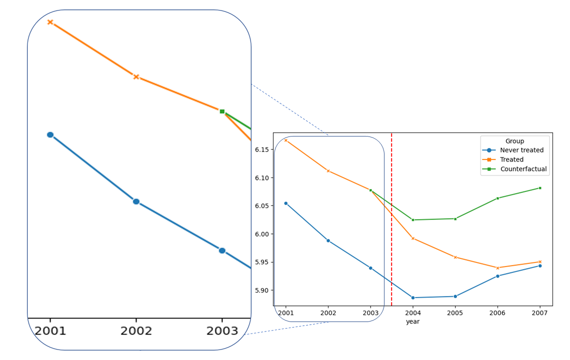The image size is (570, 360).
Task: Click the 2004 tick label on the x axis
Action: (412, 313)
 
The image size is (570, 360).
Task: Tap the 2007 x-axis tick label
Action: (539, 313)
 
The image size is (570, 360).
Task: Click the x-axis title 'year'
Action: (412, 322)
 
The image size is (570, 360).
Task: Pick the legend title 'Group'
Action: (514, 141)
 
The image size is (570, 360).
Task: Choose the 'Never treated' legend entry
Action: (521, 150)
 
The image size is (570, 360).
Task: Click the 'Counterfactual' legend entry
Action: (523, 169)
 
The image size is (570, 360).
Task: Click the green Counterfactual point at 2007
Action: (540, 188)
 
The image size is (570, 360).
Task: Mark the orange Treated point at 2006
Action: (497, 268)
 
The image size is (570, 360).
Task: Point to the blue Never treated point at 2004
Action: (413, 297)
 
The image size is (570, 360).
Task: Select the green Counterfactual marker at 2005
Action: (455, 218)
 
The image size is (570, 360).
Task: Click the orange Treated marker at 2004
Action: (413, 238)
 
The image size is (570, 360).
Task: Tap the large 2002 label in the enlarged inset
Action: (136, 331)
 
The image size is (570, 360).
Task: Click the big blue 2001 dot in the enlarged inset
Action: (50, 134)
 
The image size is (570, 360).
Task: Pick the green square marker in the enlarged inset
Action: (222, 111)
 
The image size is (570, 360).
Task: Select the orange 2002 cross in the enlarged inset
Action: (136, 77)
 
